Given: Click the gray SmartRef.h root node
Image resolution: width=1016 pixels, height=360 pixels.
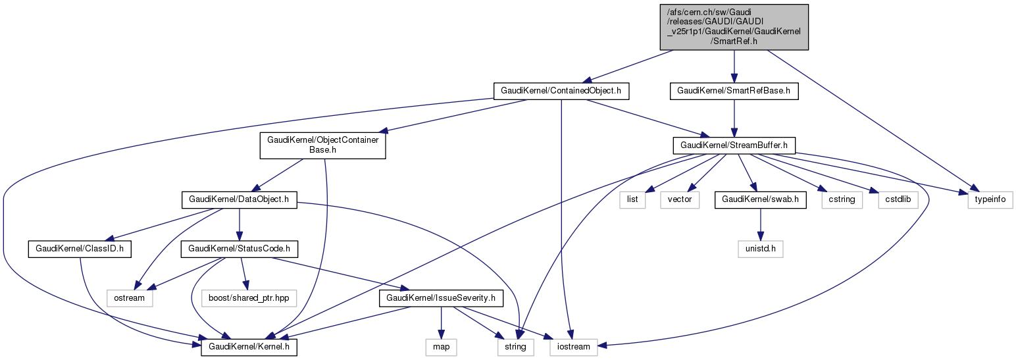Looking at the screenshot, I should pos(734,26).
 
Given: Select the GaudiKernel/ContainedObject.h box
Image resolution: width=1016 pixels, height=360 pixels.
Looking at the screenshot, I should pos(561,91).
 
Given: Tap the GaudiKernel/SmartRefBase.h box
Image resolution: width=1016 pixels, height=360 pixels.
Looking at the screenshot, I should pos(734,91).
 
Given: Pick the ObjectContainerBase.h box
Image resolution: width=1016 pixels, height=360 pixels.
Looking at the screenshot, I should pos(322,145).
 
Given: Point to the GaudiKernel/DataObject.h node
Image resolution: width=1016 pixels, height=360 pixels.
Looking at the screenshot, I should pos(239,199).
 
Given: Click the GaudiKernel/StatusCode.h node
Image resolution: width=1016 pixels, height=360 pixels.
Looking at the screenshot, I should pos(240,249).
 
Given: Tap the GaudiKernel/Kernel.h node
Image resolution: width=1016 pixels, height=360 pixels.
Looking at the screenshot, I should pos(249,346).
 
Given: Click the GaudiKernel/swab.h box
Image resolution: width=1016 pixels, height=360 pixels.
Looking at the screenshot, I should pos(760,199).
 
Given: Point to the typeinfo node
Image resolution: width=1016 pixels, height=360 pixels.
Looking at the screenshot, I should pos(989,199).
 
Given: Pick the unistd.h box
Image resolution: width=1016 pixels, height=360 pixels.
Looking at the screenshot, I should pos(761,249).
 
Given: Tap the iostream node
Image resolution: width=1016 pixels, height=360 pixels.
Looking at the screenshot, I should pos(574,346).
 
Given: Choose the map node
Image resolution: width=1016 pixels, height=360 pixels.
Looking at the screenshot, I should pos(442,346).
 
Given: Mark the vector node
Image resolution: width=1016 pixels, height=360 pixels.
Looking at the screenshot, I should pos(680,199).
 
